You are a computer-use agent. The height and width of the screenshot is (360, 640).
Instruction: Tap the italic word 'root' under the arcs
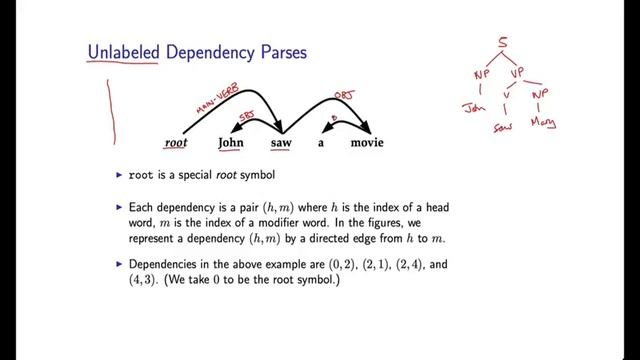(x=176, y=143)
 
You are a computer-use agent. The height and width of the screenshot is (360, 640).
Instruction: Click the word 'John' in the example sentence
(x=231, y=143)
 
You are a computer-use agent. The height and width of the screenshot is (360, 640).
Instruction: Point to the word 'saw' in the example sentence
(x=281, y=143)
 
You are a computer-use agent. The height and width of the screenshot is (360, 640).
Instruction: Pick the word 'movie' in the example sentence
(x=367, y=143)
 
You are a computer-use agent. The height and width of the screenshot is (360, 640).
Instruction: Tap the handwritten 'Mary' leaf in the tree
(x=544, y=125)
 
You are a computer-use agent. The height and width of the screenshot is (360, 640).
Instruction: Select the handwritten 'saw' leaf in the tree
(x=504, y=128)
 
